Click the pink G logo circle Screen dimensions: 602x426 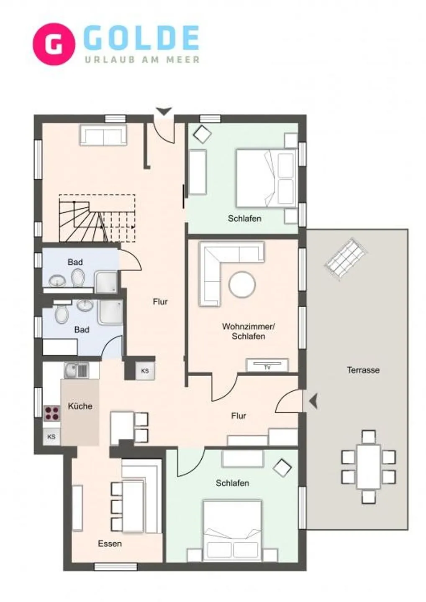[x=54, y=44]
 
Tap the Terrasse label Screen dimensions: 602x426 [x=363, y=370]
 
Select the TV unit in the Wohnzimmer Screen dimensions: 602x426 [x=267, y=365]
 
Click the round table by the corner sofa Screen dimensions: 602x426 [x=242, y=285]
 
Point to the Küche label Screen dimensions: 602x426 [x=80, y=406]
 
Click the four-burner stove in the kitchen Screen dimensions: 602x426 [x=52, y=413]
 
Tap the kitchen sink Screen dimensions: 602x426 [x=76, y=370]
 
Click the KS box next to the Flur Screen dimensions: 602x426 [x=145, y=371]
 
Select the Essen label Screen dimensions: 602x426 [x=110, y=543]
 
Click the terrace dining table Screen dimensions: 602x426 [x=368, y=467]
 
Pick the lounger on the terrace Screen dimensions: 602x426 [x=346, y=258]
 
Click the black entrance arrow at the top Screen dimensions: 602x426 [x=164, y=111]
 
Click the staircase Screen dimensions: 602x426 [x=96, y=219]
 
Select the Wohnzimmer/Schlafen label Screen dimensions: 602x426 [x=248, y=331]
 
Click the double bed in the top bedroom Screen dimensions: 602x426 [x=266, y=178]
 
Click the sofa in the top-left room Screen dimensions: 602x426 [x=103, y=135]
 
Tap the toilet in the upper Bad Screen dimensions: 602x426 [x=77, y=277]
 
